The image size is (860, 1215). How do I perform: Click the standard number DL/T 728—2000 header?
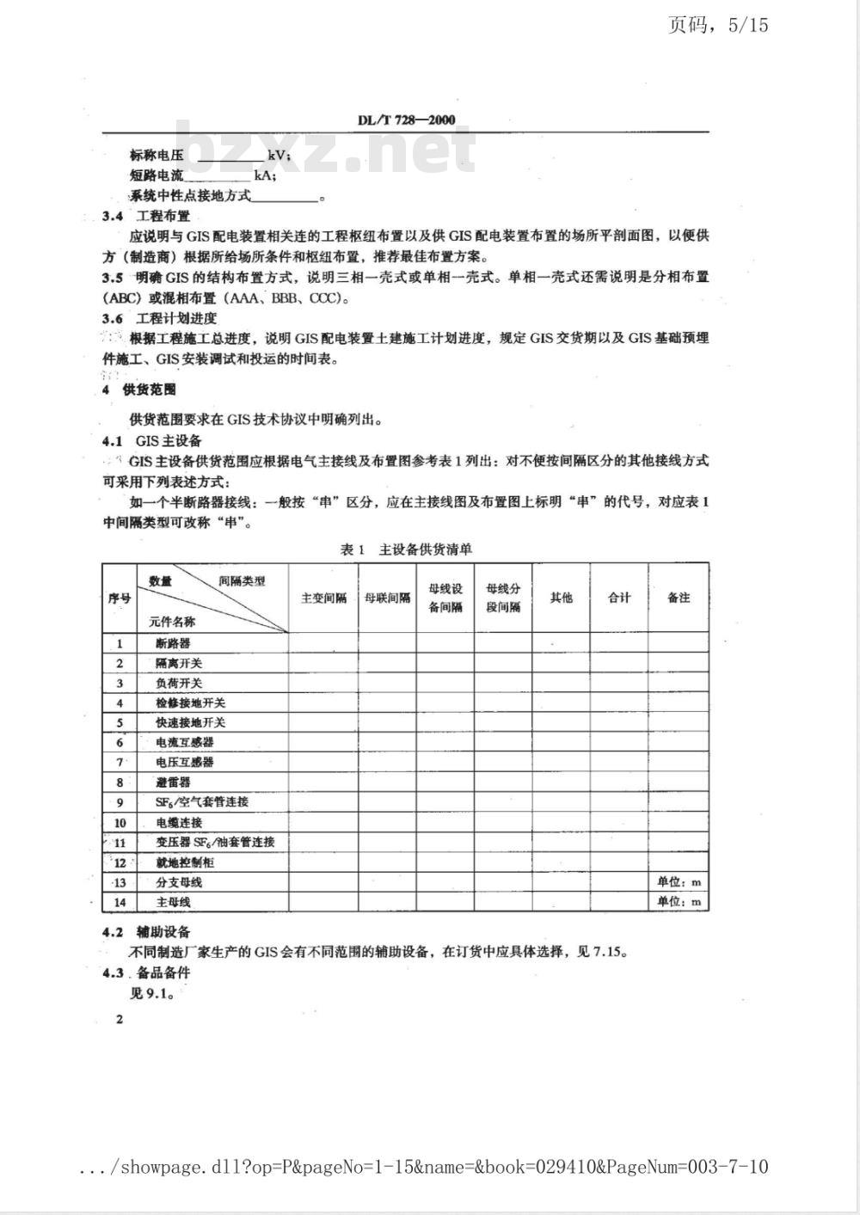406,120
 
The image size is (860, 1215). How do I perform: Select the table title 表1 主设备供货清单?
406,549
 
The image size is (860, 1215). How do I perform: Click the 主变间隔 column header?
323,598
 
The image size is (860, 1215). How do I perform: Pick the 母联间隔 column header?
388,598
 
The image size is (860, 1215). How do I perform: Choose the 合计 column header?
619,598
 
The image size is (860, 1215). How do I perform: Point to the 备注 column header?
679,598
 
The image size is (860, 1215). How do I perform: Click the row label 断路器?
173,643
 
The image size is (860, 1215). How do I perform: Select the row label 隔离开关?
179,663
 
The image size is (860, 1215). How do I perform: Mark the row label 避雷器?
173,782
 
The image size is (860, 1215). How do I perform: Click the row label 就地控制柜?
184,862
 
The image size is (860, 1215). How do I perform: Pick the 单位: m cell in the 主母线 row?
679,901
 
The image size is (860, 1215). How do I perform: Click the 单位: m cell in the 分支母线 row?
679,881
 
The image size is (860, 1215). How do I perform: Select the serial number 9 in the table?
120,802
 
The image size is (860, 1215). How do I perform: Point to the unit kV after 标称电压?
278,156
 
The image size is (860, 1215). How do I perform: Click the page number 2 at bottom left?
120,1019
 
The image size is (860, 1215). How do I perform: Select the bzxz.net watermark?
327,148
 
